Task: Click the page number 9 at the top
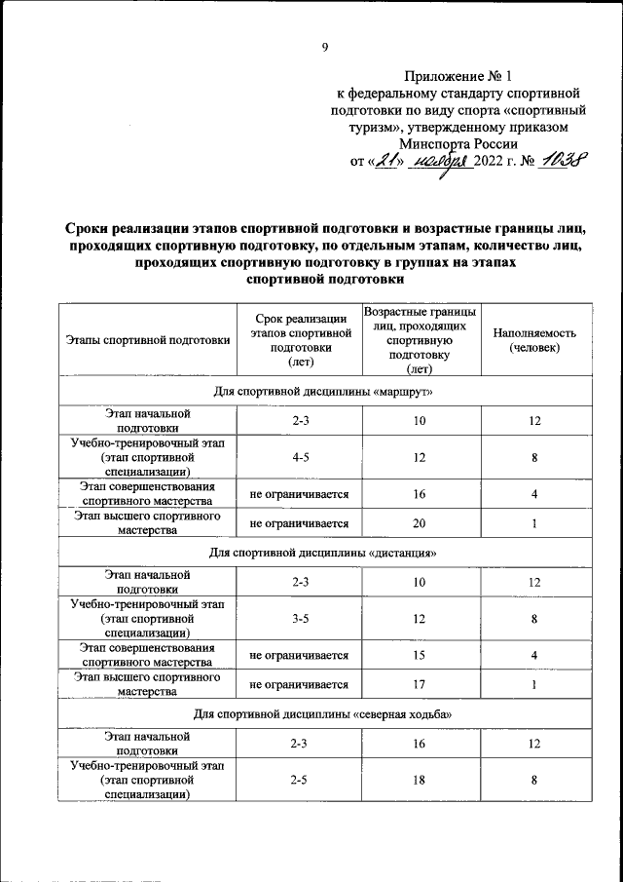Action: click(x=325, y=45)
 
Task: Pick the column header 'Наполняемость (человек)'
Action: click(x=534, y=340)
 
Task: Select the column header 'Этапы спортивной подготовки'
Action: click(x=148, y=340)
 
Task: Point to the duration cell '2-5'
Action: click(x=299, y=781)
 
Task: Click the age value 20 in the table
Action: click(x=420, y=523)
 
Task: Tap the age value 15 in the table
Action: click(x=420, y=656)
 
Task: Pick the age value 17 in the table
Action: click(x=420, y=684)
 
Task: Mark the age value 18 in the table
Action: click(x=420, y=781)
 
